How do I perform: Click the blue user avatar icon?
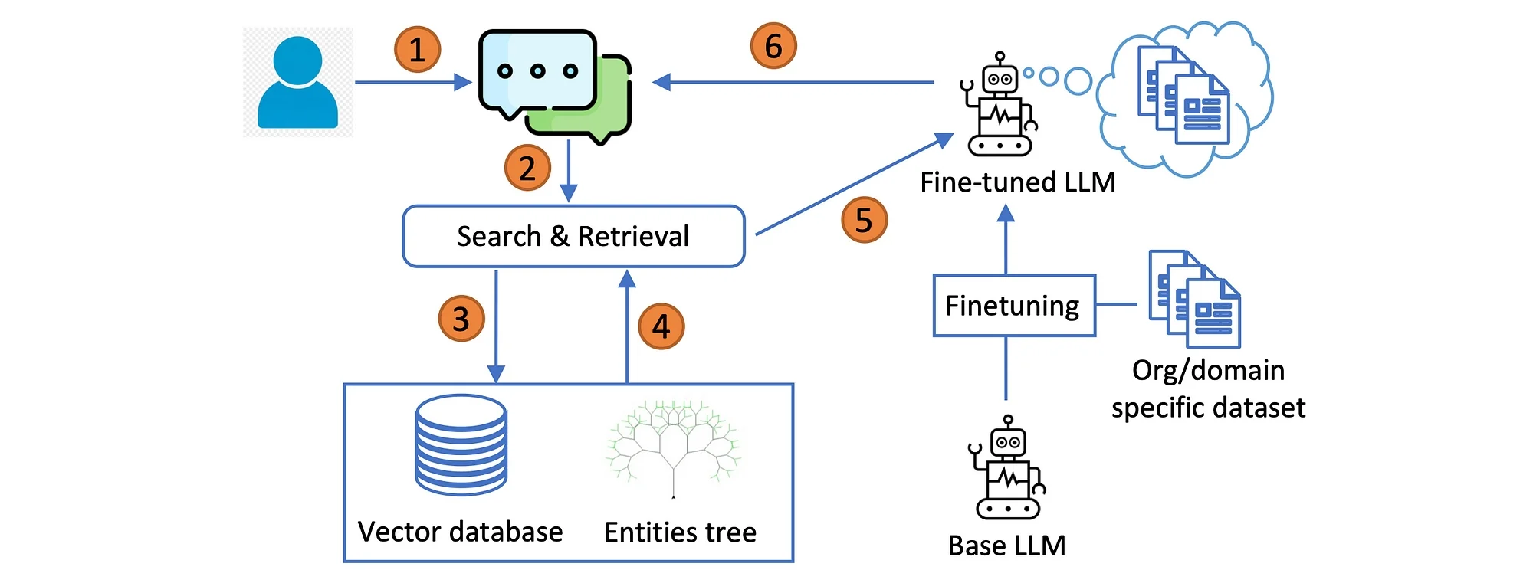tap(297, 83)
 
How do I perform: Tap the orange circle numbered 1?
tap(417, 50)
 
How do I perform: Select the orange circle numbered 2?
tap(527, 168)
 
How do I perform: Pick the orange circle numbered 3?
tap(461, 319)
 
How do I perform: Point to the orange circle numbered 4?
tap(661, 326)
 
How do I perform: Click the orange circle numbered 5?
tap(864, 220)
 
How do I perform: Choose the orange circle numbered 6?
tap(773, 46)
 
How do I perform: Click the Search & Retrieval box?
tap(573, 236)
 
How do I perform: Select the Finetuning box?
tap(1013, 306)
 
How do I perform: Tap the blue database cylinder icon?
tap(461, 444)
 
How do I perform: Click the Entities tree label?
tap(680, 532)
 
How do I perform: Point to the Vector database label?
tap(460, 532)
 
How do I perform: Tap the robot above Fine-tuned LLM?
tap(1000, 105)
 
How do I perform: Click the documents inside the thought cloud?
tap(1183, 96)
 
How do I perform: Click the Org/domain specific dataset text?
tap(1208, 389)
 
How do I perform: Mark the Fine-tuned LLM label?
tap(1017, 182)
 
